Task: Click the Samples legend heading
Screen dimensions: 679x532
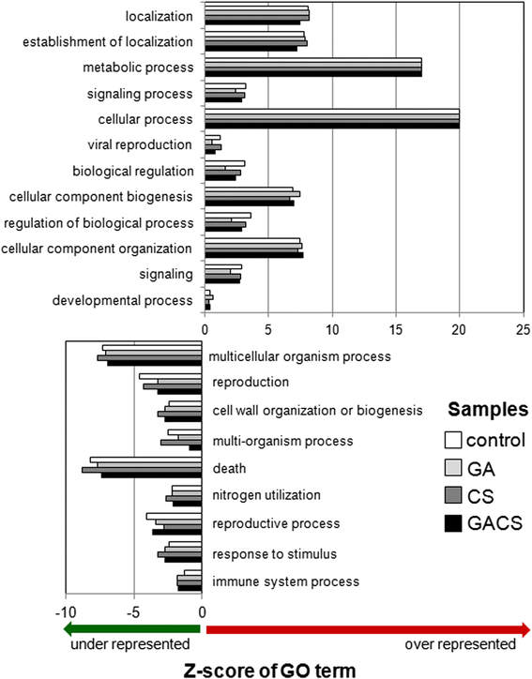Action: [484, 410]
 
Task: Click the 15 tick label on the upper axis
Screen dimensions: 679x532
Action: [396, 330]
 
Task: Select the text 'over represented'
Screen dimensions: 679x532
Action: [460, 644]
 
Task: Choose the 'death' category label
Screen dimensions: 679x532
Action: [229, 467]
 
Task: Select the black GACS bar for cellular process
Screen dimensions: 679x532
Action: [331, 126]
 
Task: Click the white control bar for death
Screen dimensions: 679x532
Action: [146, 460]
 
